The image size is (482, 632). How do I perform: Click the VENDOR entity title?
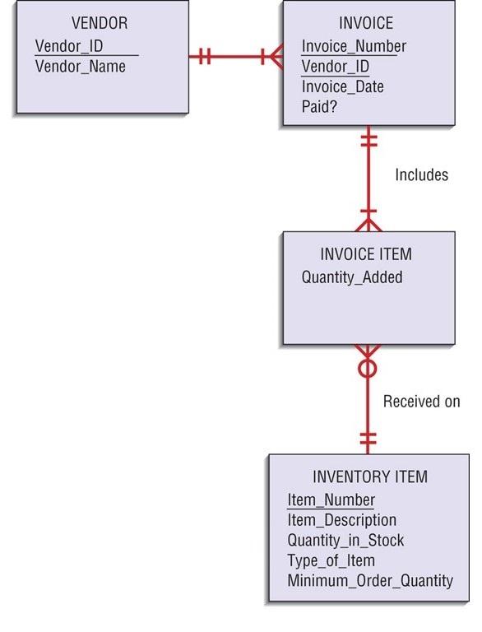pos(99,23)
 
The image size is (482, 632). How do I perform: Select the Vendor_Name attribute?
pos(80,66)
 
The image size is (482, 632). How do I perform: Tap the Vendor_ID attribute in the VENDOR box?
pos(69,45)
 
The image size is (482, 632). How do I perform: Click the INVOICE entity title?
pos(366,23)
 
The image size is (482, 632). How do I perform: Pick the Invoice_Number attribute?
pos(354,46)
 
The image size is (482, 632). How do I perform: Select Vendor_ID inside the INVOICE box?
pos(336,67)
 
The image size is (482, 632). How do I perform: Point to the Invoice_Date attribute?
pos(343,86)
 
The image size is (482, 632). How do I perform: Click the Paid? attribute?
pos(320,107)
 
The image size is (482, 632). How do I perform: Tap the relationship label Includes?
pos(421,174)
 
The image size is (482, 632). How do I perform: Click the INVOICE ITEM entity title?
pos(366,254)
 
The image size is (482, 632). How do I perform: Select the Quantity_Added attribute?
pos(352,276)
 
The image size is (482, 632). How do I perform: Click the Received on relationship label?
pos(421,402)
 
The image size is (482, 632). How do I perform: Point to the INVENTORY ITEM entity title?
pos(370,477)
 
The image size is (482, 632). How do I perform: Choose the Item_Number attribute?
pos(331,500)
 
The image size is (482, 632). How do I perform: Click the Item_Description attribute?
pos(341,520)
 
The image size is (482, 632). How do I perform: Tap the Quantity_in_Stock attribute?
pos(345,541)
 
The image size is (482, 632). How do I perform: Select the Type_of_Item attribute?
pos(331,560)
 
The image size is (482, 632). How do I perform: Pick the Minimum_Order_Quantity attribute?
pos(370,581)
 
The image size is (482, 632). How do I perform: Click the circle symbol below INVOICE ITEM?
pos(368,368)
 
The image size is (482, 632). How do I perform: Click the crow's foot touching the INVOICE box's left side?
pos(273,57)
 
